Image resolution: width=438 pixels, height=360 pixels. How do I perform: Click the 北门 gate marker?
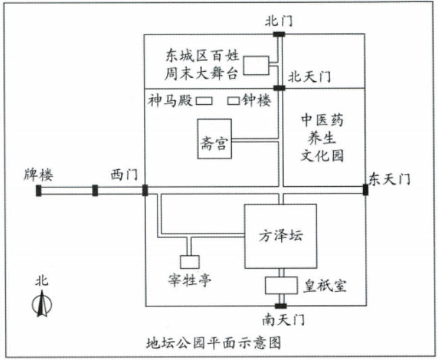click(279, 35)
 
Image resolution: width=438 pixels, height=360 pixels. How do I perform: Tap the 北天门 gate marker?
click(279, 88)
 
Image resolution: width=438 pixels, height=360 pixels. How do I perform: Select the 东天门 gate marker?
click(366, 190)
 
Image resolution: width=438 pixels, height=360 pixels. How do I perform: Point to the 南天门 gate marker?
click(281, 306)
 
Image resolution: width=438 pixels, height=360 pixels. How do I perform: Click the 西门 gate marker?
click(145, 191)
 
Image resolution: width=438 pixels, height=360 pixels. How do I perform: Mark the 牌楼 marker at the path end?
click(39, 191)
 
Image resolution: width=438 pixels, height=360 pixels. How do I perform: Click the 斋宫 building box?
click(214, 139)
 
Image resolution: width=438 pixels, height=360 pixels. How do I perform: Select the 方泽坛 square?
click(281, 236)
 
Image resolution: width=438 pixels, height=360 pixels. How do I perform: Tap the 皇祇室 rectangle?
click(281, 286)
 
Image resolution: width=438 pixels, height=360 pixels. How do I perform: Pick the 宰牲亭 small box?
click(190, 262)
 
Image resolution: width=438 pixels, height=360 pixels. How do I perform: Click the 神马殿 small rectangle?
click(203, 101)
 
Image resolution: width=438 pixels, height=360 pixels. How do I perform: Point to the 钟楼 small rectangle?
click(233, 101)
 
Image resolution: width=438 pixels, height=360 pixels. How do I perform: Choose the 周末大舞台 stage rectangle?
click(256, 66)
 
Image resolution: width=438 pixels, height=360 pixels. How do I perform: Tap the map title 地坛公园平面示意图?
click(214, 342)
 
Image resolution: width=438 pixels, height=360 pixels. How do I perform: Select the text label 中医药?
click(322, 120)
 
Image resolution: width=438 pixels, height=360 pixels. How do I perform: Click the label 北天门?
click(309, 76)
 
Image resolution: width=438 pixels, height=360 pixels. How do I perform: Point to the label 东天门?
click(390, 179)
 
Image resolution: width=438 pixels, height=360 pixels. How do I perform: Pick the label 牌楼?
click(39, 175)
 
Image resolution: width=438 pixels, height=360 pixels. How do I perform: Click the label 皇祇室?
click(324, 286)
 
